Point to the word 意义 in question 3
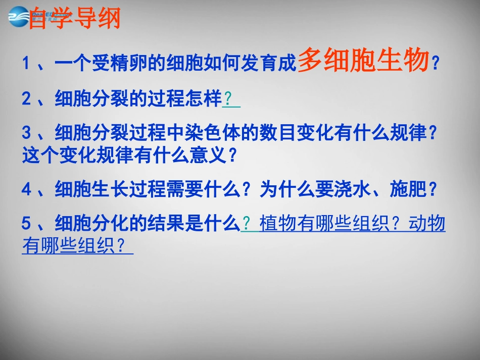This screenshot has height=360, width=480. coord(207,155)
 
